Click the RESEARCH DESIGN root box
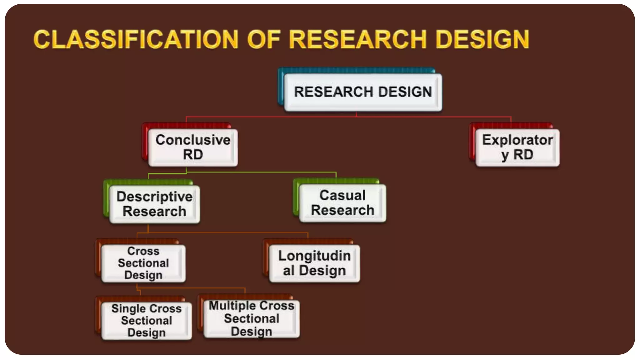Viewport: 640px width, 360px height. pyautogui.click(x=363, y=92)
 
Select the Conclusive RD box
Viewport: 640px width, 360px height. pyautogui.click(x=193, y=147)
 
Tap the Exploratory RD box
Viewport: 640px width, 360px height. pyautogui.click(x=517, y=147)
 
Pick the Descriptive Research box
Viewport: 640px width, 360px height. pyautogui.click(x=154, y=204)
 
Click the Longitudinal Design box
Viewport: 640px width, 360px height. pyautogui.click(x=314, y=263)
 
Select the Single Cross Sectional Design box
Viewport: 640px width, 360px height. pyautogui.click(x=146, y=320)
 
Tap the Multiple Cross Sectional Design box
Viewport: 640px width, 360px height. pyautogui.click(x=251, y=318)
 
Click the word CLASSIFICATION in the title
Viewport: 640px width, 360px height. pyautogui.click(x=136, y=40)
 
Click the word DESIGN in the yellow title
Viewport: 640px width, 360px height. pyautogui.click(x=482, y=40)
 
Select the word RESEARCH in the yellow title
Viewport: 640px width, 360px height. pyautogui.click(x=358, y=40)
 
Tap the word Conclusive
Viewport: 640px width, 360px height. pyautogui.click(x=193, y=140)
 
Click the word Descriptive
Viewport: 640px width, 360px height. pyautogui.click(x=154, y=197)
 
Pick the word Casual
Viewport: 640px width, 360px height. pyautogui.click(x=342, y=195)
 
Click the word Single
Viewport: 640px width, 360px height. pyautogui.click(x=125, y=308)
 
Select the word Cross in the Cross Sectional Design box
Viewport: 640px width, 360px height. pyautogui.click(x=143, y=251)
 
